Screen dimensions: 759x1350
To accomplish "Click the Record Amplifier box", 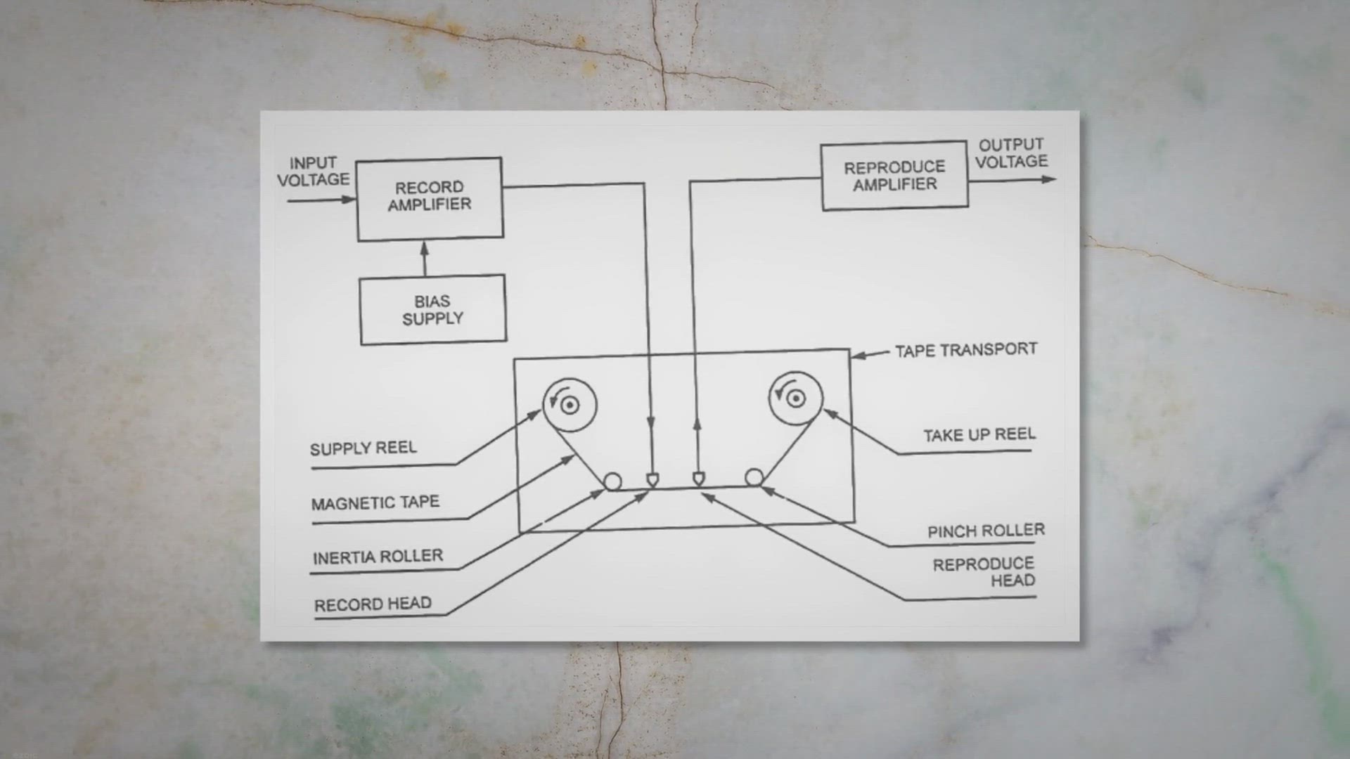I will [x=430, y=199].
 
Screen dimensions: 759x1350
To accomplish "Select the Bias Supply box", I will [x=432, y=310].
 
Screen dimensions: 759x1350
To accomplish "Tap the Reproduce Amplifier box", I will [x=894, y=176].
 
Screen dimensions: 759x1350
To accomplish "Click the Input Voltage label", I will [x=313, y=171].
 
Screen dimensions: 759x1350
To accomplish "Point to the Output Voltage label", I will [x=1011, y=153].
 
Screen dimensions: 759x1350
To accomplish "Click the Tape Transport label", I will [x=965, y=350].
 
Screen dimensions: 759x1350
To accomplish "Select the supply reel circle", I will [x=570, y=404].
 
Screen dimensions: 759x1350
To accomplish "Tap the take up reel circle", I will [x=795, y=398].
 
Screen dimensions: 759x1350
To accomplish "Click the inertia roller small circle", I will [x=612, y=481].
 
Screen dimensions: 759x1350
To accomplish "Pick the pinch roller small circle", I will [x=754, y=478].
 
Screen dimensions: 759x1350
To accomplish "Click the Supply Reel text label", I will [x=364, y=448].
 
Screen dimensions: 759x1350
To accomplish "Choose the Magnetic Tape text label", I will [x=375, y=503].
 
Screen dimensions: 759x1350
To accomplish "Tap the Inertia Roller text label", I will [x=378, y=557].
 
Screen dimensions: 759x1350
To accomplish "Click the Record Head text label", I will [x=373, y=604].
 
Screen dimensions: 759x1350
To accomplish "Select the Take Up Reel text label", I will [x=979, y=435].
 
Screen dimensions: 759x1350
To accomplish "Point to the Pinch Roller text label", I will [x=986, y=531].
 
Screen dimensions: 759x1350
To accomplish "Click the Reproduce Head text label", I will [x=984, y=572].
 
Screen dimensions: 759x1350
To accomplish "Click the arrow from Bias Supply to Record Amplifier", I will [x=424, y=258].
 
